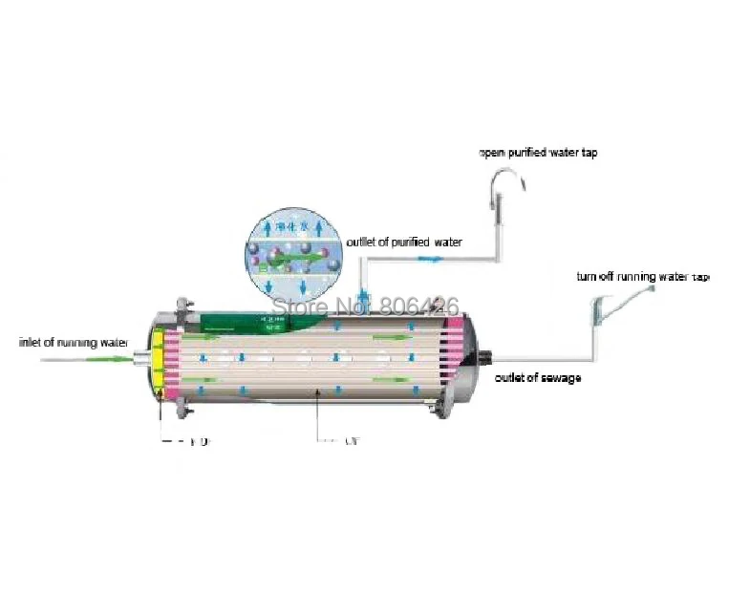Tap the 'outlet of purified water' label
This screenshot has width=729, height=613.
[404, 243]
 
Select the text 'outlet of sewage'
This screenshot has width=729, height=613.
[537, 378]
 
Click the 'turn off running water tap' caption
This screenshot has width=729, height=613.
[643, 277]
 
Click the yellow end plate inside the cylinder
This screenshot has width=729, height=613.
[157, 362]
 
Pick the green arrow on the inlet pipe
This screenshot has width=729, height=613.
[114, 359]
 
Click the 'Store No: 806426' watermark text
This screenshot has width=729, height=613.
[366, 306]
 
